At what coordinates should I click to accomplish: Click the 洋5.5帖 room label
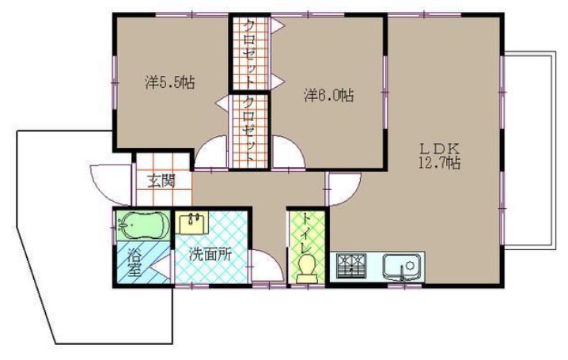coord(170,82)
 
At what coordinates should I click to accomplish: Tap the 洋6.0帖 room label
coord(329,95)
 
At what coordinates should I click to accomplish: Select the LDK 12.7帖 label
coord(439,156)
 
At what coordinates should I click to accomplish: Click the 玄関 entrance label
coord(161,180)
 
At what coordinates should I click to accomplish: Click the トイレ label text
coord(307,233)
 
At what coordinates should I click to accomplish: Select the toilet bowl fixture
coord(307,268)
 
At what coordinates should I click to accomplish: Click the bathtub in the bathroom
coord(143,225)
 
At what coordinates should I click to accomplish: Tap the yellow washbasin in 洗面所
coord(192,223)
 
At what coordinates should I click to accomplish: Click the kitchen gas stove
coord(351,266)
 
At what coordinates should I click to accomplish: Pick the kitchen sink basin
coord(403,267)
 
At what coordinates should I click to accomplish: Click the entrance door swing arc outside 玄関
coord(111,184)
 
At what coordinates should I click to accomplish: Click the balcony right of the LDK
coord(530,150)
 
